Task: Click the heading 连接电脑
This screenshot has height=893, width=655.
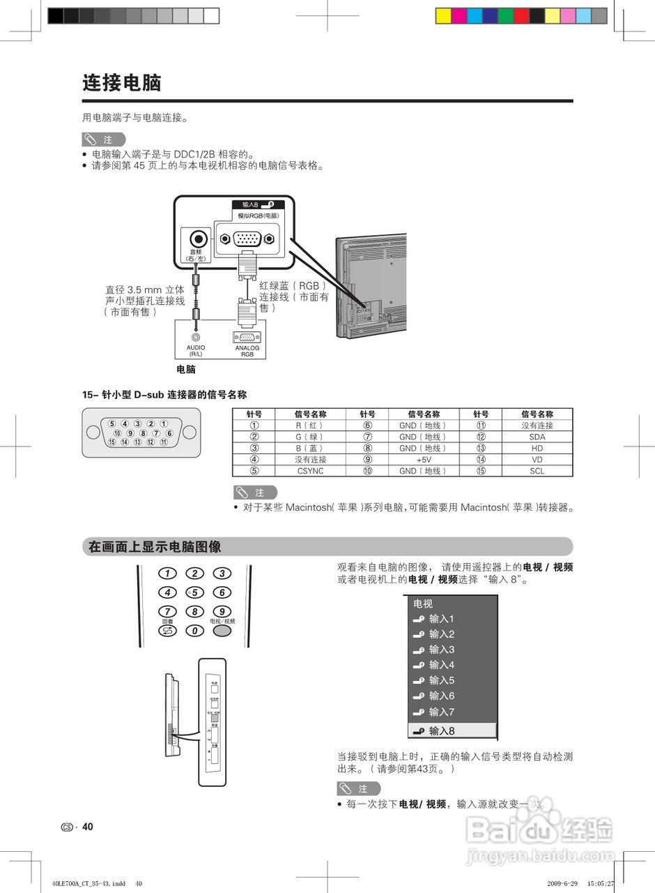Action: [x=122, y=83]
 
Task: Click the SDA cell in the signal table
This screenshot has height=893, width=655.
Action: [x=537, y=437]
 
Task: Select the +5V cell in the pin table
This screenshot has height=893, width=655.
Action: [x=424, y=460]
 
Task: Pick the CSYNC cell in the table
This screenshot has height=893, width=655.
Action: [x=310, y=471]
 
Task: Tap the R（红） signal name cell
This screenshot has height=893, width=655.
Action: [x=310, y=426]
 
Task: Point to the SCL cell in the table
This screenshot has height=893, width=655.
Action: [x=537, y=471]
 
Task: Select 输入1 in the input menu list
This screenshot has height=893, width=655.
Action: [x=441, y=619]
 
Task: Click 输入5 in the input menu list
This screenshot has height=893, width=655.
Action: [x=441, y=680]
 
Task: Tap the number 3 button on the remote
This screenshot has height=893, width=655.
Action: [x=222, y=573]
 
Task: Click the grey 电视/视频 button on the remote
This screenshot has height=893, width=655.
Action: [x=222, y=631]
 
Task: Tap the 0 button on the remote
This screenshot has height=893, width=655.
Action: [x=194, y=631]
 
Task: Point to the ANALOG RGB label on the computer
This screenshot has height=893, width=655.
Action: [x=247, y=351]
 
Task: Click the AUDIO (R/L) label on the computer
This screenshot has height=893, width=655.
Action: [x=196, y=351]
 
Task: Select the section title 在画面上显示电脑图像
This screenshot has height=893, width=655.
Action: [x=155, y=547]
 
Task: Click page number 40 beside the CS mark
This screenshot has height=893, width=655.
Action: [x=87, y=827]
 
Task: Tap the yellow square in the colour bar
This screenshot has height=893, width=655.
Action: [x=443, y=16]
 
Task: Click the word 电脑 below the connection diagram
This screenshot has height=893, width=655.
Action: [x=186, y=370]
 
